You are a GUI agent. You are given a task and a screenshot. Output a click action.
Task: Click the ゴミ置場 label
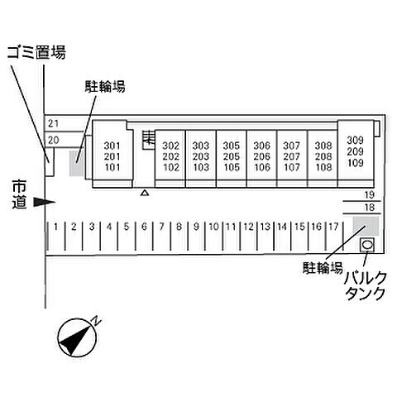tap(36, 52)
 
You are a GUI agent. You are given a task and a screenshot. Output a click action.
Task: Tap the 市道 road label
tap(19, 194)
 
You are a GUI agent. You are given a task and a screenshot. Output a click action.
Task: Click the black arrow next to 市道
tap(45, 202)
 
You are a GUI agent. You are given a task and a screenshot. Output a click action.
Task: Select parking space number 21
tap(54, 123)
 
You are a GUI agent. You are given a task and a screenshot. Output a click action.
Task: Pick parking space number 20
tap(54, 141)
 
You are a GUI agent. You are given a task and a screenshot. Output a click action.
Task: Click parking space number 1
tap(56, 227)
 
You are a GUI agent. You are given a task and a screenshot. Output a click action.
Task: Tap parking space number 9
tap(196, 227)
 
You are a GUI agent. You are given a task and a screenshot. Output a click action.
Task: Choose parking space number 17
tap(333, 227)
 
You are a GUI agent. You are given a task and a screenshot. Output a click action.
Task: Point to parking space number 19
tap(369, 195)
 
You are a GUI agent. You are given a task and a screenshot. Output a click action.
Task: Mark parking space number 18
tap(369, 207)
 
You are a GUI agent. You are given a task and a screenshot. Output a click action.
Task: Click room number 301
tap(112, 146)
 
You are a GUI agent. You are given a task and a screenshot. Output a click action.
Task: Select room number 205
tap(232, 156)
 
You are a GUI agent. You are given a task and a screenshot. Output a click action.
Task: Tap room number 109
tap(355, 163)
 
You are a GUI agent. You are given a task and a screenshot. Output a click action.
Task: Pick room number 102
tap(171, 167)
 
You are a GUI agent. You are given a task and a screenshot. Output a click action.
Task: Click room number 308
tap(323, 146)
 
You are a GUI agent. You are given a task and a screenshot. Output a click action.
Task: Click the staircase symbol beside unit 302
tap(149, 140)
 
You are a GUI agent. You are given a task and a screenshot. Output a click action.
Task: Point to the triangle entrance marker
tap(145, 193)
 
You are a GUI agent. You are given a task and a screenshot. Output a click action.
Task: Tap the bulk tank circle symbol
tap(367, 245)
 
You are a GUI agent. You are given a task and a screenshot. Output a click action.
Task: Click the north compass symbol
tap(78, 337)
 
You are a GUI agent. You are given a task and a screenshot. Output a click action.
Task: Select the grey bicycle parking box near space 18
tap(366, 226)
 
